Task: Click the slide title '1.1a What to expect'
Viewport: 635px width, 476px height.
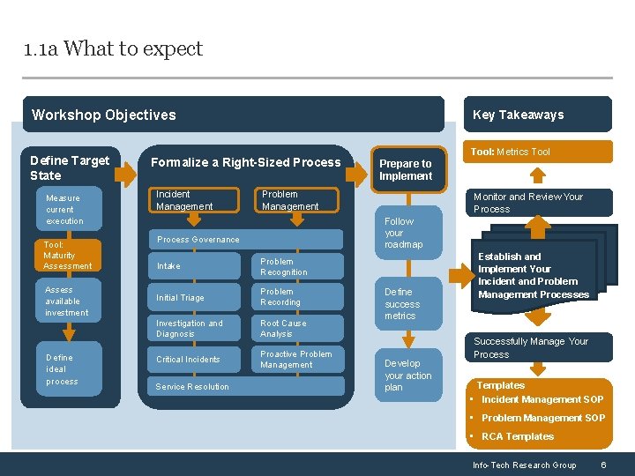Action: tap(114, 48)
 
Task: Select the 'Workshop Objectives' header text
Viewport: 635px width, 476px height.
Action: tap(104, 115)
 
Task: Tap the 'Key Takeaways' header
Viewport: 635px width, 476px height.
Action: tap(518, 115)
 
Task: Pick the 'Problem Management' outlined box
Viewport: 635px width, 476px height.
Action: tap(298, 200)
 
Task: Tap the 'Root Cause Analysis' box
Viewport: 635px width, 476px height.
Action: tap(298, 329)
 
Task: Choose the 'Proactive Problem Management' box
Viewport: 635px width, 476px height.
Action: tap(298, 360)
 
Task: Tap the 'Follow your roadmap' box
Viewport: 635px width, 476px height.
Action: tap(407, 233)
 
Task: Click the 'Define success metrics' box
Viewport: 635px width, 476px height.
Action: tap(407, 303)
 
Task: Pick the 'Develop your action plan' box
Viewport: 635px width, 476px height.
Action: tap(407, 375)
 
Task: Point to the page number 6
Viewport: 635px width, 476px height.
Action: tap(603, 465)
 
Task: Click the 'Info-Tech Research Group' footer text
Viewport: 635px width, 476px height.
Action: tap(524, 465)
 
